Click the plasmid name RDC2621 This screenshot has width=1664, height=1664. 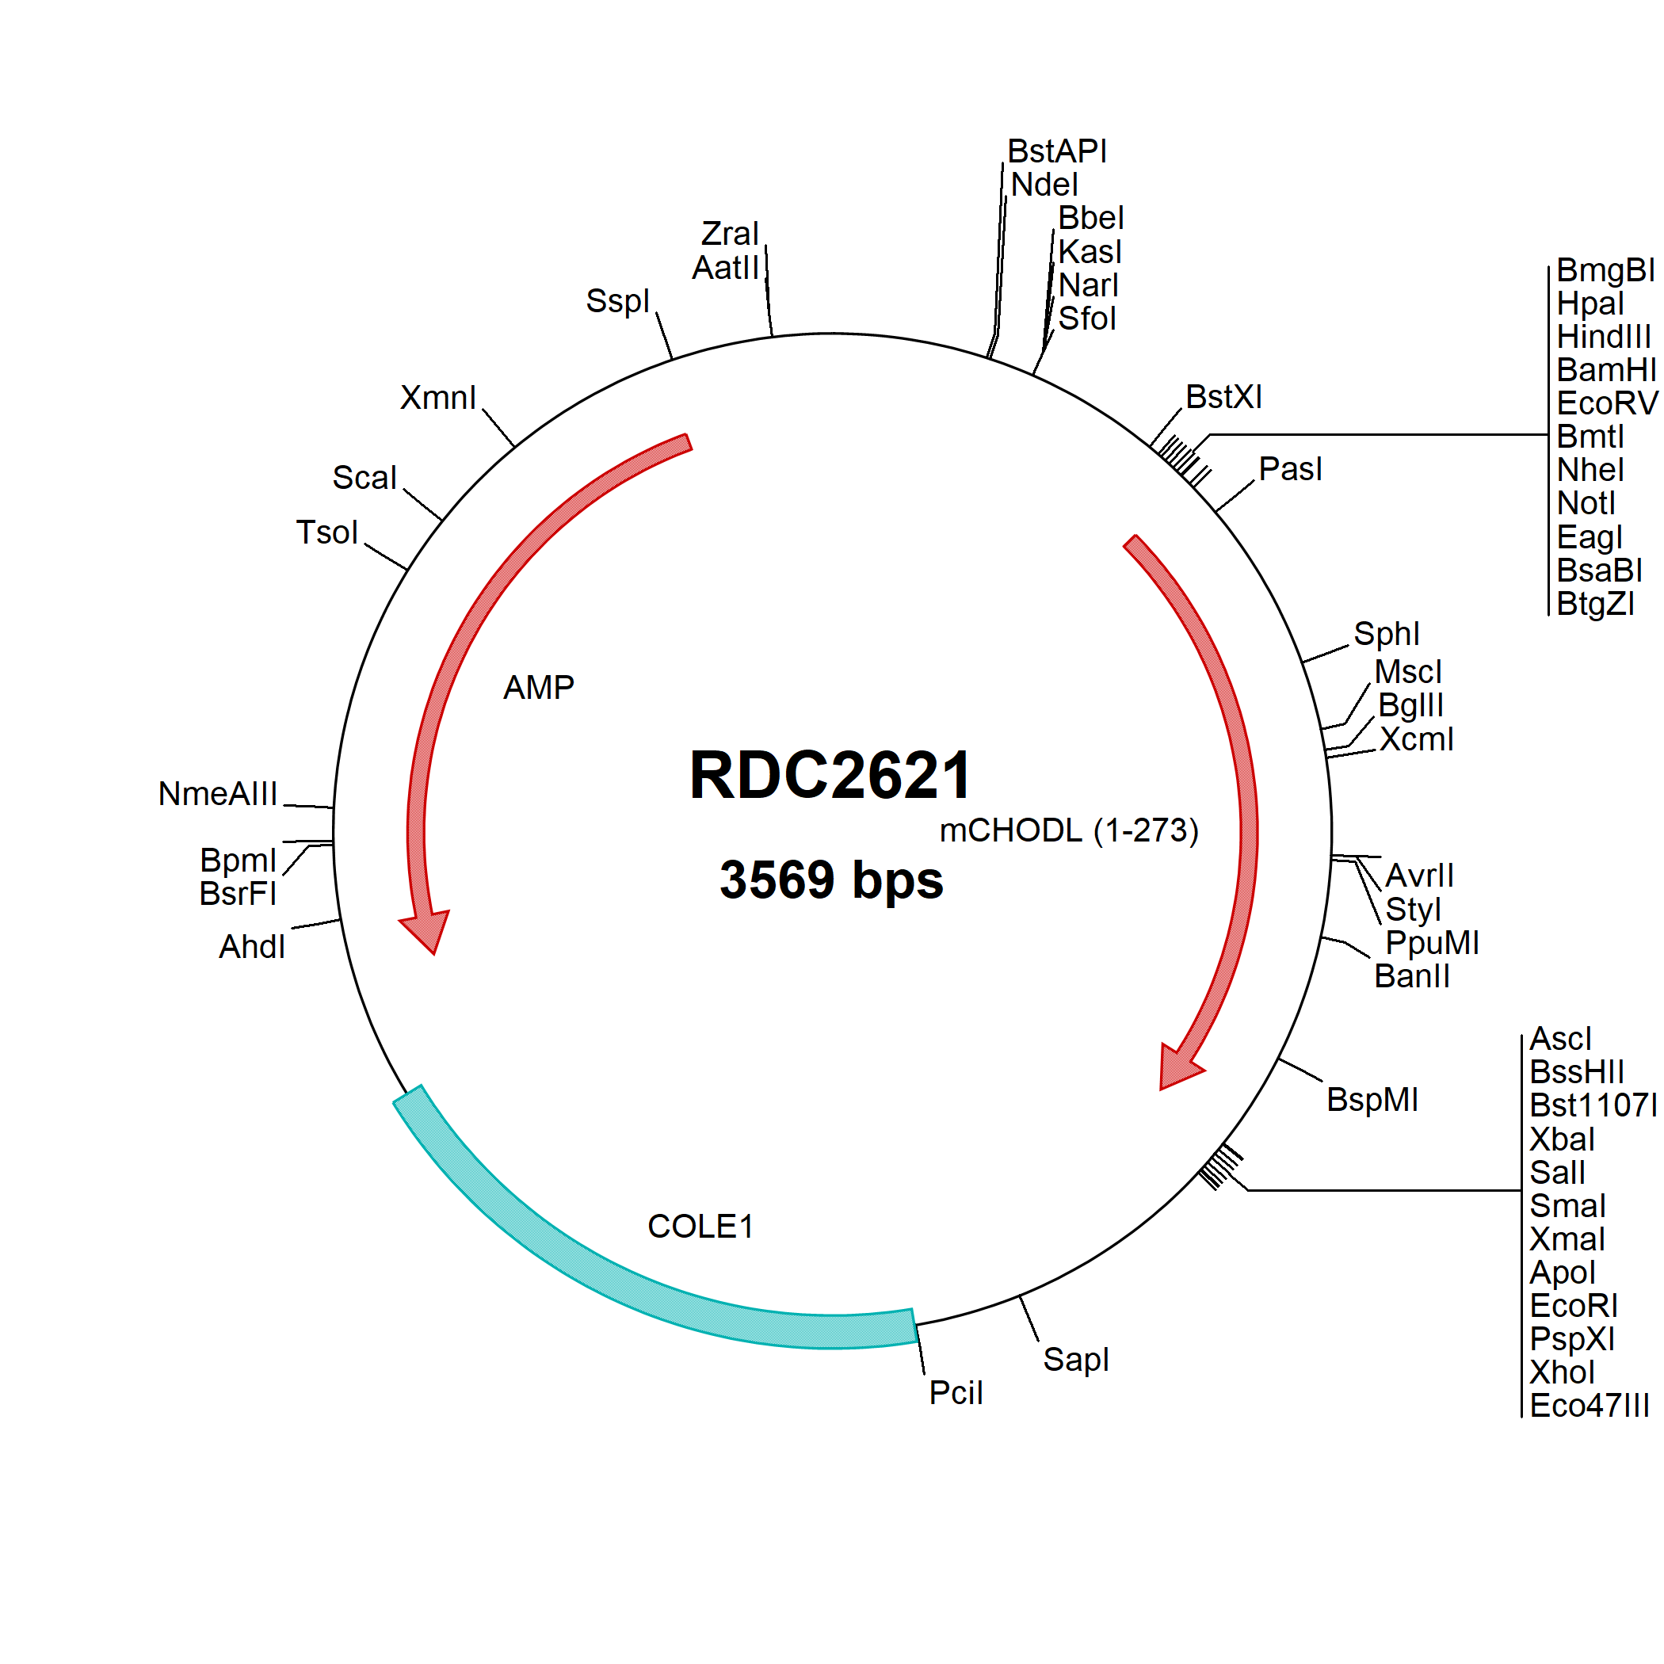(830, 775)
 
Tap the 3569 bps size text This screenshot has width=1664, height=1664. (831, 880)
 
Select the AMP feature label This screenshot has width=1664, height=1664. (538, 687)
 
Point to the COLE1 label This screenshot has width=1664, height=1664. (700, 1226)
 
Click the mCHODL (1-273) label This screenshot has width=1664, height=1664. (1068, 830)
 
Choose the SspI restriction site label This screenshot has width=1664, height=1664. (616, 301)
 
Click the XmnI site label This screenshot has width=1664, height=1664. (437, 397)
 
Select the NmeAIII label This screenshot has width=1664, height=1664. (218, 793)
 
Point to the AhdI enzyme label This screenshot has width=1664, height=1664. (251, 947)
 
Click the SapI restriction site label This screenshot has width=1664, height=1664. (1076, 1360)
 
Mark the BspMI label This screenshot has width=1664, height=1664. (1372, 1100)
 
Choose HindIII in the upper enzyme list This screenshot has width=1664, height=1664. (1604, 336)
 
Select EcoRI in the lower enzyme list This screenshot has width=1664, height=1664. (1574, 1306)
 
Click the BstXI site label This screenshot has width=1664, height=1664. (1223, 397)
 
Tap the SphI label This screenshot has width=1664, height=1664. (1386, 634)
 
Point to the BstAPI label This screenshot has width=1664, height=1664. (1057, 151)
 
